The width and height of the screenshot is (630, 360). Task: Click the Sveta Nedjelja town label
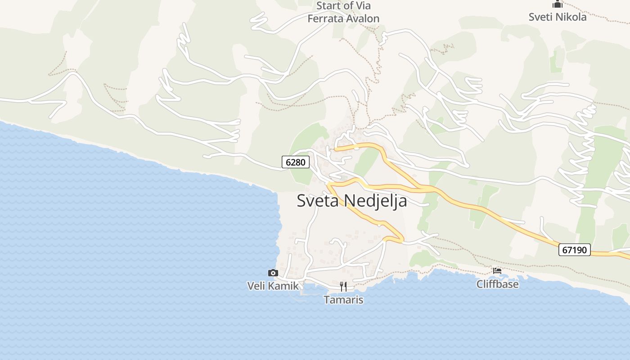click(x=352, y=201)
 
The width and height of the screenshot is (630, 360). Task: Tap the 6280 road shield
click(x=296, y=162)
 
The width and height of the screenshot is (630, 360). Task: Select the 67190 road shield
click(x=575, y=249)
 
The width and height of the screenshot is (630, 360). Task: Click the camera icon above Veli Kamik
click(x=273, y=273)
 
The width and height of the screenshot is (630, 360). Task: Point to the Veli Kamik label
click(x=273, y=286)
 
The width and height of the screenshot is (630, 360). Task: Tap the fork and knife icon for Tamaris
click(x=343, y=287)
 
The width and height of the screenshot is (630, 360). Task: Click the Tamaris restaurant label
click(x=343, y=300)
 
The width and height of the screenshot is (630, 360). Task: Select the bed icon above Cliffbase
click(x=497, y=271)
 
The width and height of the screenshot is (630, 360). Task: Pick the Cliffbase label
click(x=497, y=284)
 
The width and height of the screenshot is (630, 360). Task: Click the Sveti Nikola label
click(x=558, y=17)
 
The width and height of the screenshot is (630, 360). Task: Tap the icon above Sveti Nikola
click(x=558, y=4)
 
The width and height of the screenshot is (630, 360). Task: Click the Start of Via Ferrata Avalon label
click(x=343, y=12)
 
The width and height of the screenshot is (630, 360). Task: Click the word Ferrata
click(x=324, y=18)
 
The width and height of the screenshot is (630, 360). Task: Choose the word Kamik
click(x=283, y=286)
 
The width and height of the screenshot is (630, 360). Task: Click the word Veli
click(x=256, y=286)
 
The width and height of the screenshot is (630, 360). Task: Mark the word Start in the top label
click(x=329, y=6)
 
